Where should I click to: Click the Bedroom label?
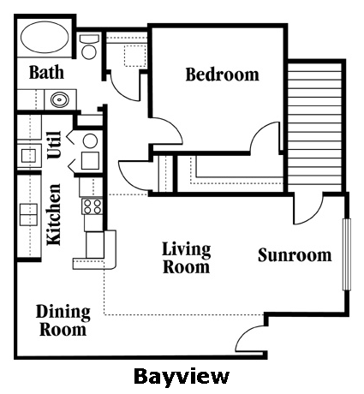pos(223,75)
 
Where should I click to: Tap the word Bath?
pos(46,72)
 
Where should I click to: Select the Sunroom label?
pos(295,255)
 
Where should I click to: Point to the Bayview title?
pos(182,377)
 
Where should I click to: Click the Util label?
pos(54,145)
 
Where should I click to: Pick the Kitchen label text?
pos(54,215)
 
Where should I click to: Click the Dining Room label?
pos(63,320)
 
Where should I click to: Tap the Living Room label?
pos(187,258)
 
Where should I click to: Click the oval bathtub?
pos(45,37)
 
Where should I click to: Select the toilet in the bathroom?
pos(89,46)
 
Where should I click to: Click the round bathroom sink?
pos(60,99)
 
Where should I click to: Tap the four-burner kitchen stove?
pos(92,206)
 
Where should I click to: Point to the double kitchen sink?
pos(28,214)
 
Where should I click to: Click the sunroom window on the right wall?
pos(347,254)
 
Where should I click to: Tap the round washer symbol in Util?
pos(91,141)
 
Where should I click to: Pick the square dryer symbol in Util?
pos(91,161)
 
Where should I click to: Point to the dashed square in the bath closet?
pos(135,56)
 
